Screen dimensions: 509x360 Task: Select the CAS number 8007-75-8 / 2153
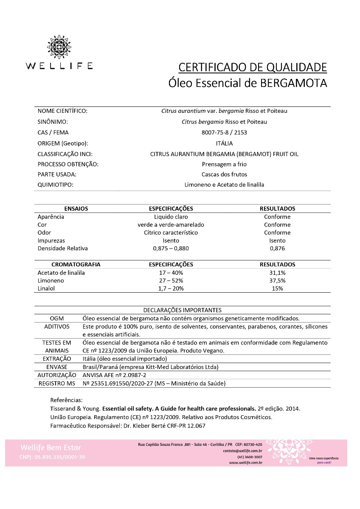(x=224, y=132)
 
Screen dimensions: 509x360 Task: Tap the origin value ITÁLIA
(x=224, y=143)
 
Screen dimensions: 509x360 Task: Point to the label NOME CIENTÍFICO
(x=62, y=111)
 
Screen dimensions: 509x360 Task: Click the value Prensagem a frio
(x=224, y=164)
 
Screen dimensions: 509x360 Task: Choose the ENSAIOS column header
(x=76, y=209)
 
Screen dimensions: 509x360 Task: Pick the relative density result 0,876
(x=277, y=248)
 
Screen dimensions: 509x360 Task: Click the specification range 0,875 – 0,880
(x=171, y=248)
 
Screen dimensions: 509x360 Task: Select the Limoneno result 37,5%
(x=277, y=280)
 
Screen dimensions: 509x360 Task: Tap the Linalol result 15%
(x=277, y=288)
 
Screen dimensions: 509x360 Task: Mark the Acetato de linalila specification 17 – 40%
(x=171, y=273)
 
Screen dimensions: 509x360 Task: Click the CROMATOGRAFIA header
(x=76, y=264)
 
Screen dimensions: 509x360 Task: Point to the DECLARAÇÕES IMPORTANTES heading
(x=182, y=310)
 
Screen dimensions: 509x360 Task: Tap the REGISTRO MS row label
(x=56, y=383)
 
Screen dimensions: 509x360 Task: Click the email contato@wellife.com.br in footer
(x=242, y=451)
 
